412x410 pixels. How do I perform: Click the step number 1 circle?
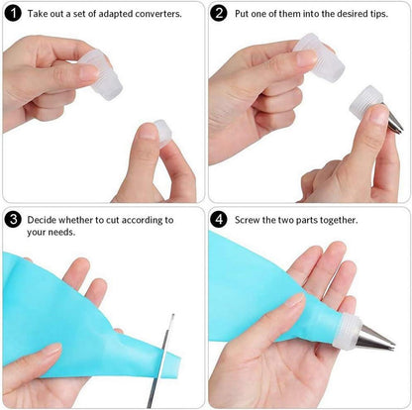(13, 14)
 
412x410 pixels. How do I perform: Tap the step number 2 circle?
(219, 14)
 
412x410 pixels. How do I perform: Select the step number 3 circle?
(13, 220)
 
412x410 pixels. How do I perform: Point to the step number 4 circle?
(219, 220)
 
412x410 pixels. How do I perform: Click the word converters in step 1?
(158, 14)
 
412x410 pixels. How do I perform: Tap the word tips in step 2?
(378, 14)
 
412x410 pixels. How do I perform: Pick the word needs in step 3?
(63, 232)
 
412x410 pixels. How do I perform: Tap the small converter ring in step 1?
(163, 133)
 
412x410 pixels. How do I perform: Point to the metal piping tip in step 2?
(394, 121)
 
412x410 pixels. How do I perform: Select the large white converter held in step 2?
(320, 57)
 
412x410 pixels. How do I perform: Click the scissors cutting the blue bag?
(160, 361)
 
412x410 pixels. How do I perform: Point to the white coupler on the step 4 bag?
(346, 332)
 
